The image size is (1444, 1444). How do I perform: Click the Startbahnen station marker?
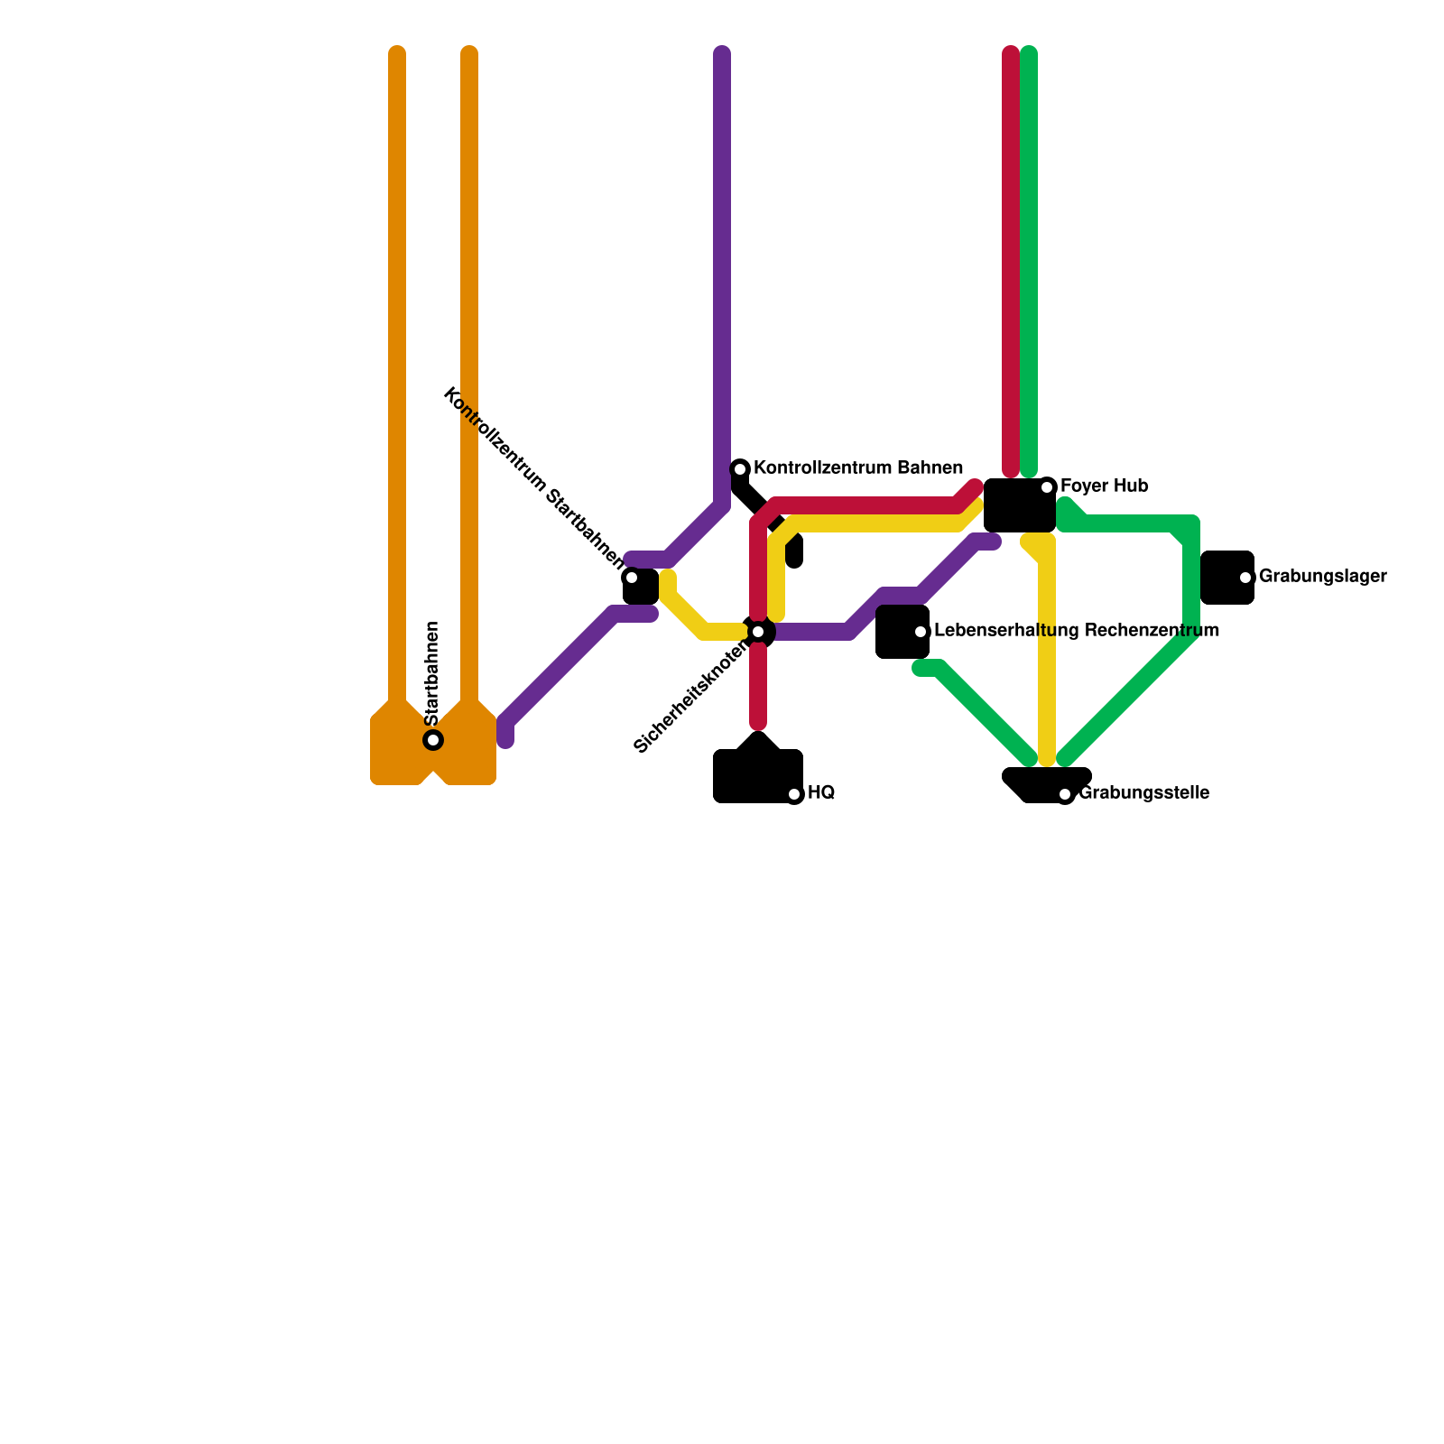[x=433, y=740]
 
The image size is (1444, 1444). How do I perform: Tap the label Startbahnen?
[x=432, y=673]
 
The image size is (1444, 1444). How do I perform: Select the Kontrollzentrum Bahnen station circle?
[x=740, y=468]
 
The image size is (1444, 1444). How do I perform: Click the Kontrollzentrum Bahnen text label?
[x=857, y=468]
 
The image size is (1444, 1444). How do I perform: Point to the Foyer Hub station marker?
[x=1047, y=487]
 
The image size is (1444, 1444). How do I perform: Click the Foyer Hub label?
[x=1104, y=486]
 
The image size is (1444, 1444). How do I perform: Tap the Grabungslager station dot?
[x=1245, y=578]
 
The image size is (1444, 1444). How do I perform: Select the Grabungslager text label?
[x=1322, y=577]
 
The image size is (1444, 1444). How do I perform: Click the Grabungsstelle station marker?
[x=1065, y=794]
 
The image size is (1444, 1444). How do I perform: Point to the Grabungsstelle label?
[x=1143, y=794]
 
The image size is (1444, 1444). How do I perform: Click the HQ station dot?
[x=794, y=794]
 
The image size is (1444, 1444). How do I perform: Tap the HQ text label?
[x=821, y=793]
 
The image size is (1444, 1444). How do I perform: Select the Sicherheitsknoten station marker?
[x=758, y=632]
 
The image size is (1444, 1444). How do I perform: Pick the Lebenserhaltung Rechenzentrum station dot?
[x=921, y=632]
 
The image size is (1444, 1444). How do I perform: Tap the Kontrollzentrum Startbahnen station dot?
[x=632, y=578]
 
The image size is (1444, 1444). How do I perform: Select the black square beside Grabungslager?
[x=1226, y=578]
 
